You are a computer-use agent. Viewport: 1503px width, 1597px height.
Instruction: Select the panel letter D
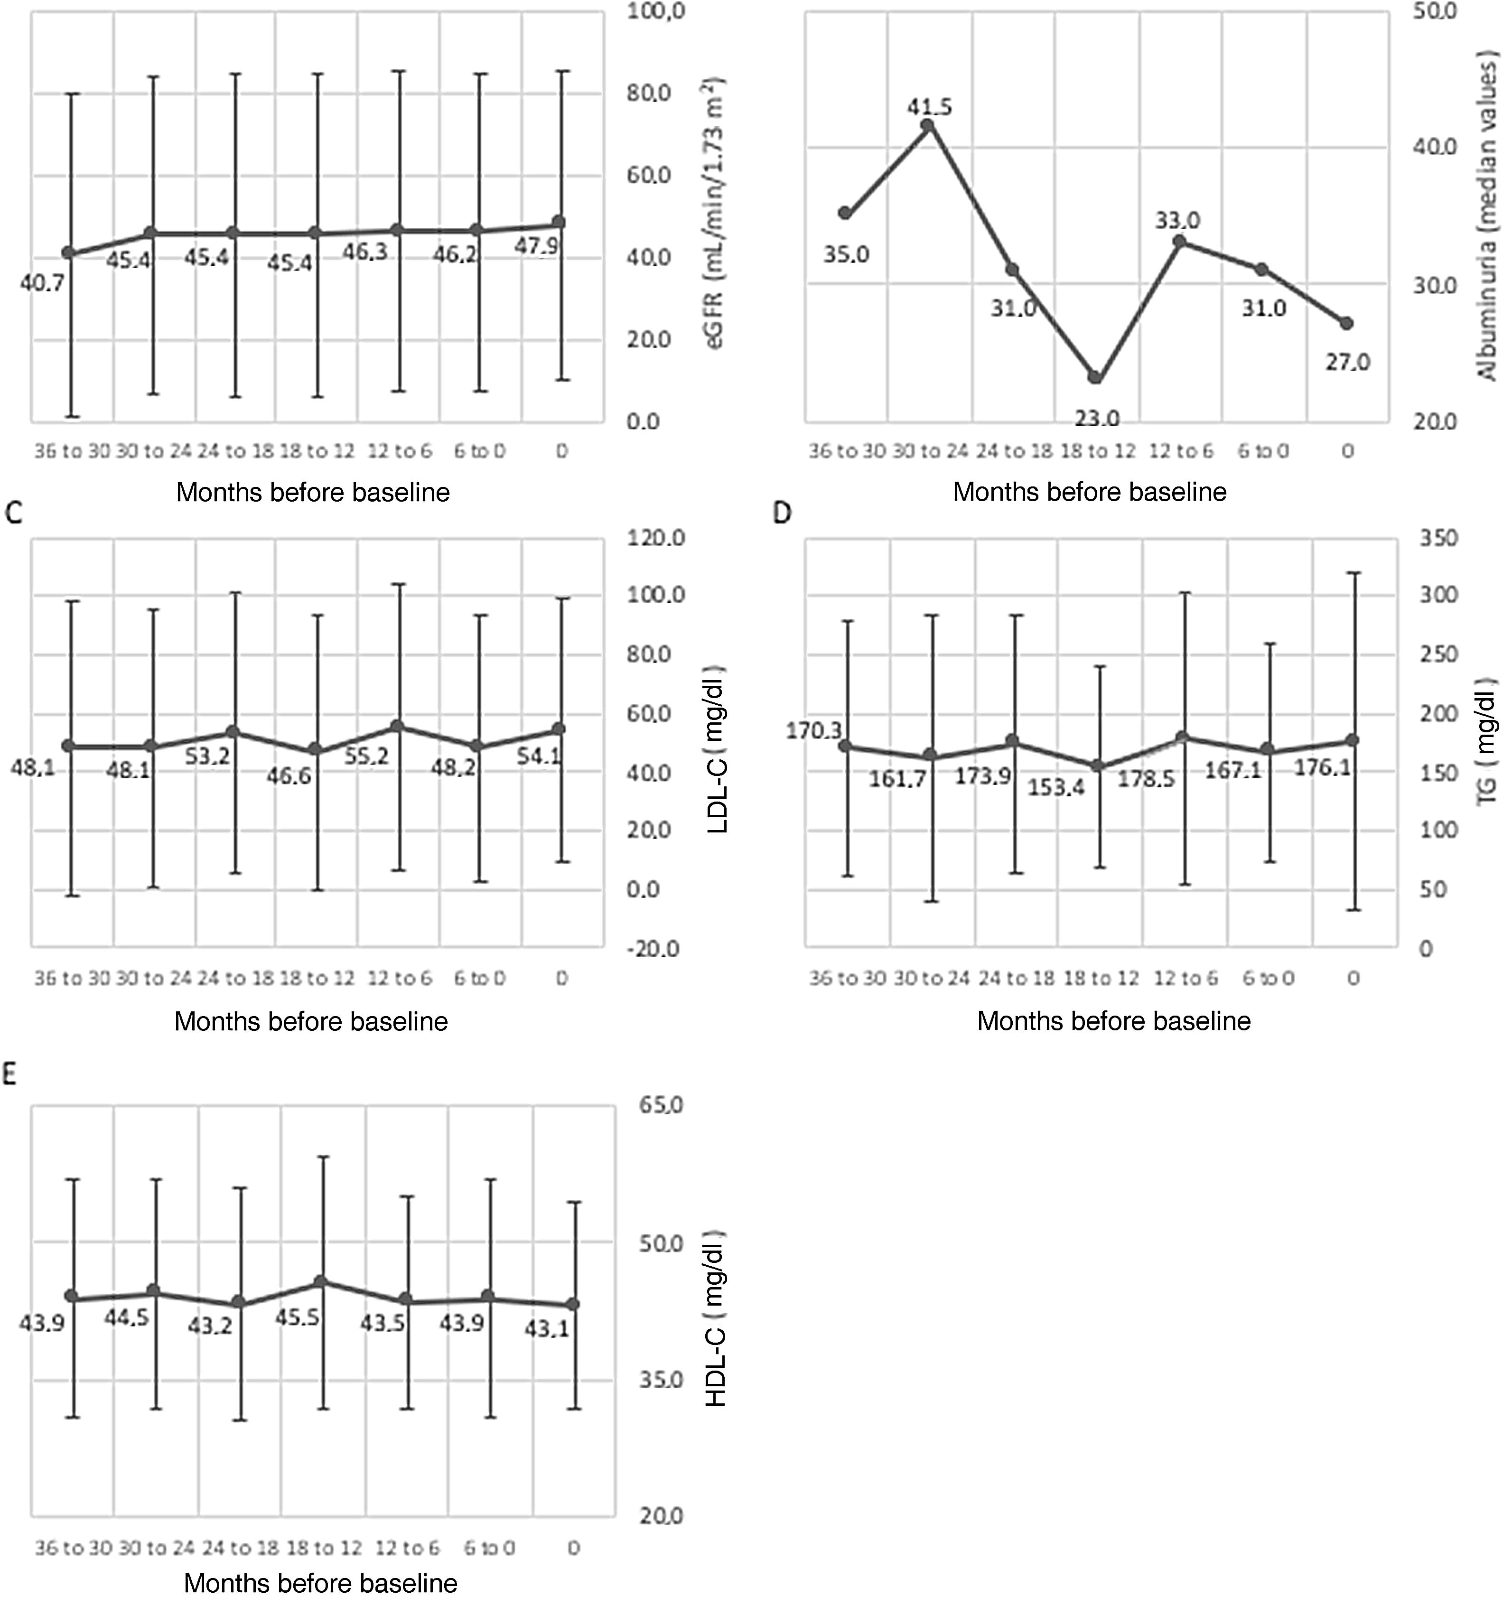(x=782, y=514)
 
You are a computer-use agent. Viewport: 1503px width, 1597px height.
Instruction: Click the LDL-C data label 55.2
(x=366, y=756)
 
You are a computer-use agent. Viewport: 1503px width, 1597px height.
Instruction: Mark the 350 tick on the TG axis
(x=1438, y=537)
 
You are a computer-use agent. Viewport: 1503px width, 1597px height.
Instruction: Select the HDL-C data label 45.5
(x=297, y=1317)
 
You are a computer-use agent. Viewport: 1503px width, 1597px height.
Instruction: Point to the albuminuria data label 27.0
(x=1348, y=362)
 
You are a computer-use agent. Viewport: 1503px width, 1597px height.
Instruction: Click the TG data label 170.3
(x=813, y=730)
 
